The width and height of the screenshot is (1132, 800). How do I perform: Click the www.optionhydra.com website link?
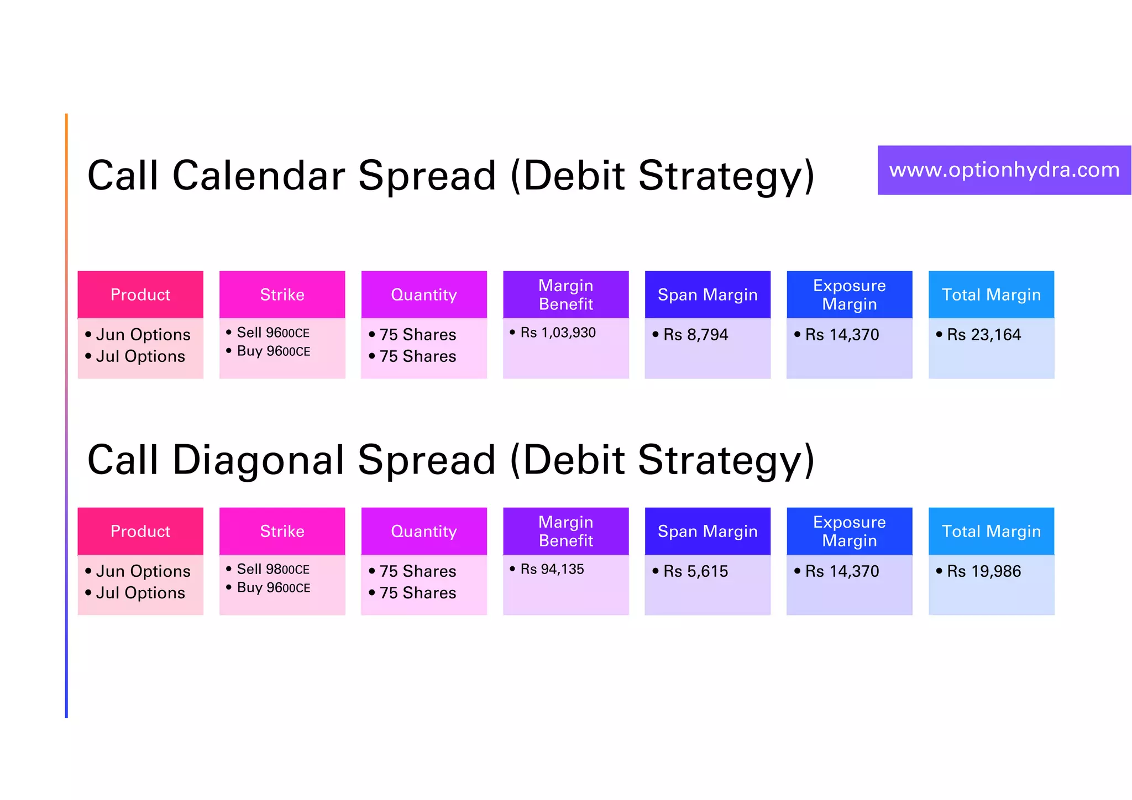click(x=1004, y=170)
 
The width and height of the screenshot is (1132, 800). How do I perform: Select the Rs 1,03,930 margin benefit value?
click(x=558, y=333)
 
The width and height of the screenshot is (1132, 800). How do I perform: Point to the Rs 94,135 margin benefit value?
click(x=552, y=569)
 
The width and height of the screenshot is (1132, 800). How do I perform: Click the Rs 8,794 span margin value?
click(x=695, y=334)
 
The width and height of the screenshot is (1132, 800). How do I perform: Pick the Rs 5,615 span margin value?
click(x=695, y=571)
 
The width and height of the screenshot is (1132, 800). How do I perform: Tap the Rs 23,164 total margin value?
click(x=983, y=334)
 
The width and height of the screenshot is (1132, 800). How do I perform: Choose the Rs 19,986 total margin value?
click(x=983, y=571)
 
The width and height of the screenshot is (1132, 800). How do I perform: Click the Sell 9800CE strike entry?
click(x=272, y=569)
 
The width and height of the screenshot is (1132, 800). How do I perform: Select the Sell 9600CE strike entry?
click(x=272, y=333)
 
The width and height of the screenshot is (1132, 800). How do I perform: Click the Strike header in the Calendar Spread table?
click(x=282, y=294)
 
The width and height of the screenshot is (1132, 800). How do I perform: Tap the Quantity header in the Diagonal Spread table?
click(x=424, y=531)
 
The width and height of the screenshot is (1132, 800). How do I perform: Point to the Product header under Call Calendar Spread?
click(x=140, y=294)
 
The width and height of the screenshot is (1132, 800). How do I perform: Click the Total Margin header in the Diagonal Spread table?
click(x=991, y=531)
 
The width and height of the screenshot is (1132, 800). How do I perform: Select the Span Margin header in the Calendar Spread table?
click(x=707, y=294)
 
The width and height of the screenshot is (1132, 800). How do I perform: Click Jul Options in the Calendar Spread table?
click(x=140, y=356)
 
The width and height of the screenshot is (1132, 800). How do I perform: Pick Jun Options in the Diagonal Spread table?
click(x=143, y=571)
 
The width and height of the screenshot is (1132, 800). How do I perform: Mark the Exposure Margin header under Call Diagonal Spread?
click(x=849, y=531)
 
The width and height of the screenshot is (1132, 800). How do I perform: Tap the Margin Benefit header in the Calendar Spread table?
click(x=565, y=294)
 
